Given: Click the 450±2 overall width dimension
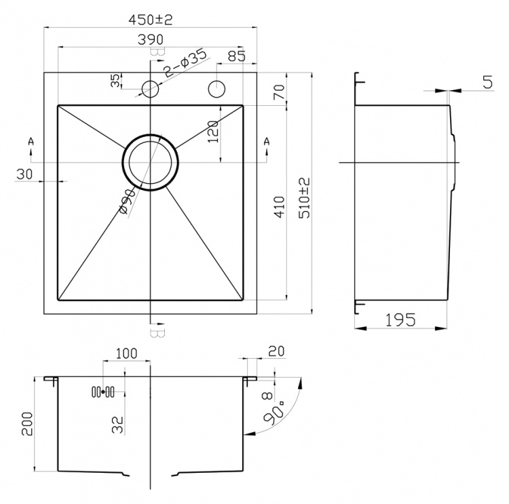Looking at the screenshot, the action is tap(150, 20).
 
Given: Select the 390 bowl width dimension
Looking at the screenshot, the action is tap(151, 39).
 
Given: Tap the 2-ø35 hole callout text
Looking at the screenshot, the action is tap(185, 62).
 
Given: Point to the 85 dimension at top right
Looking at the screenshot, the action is tap(237, 56).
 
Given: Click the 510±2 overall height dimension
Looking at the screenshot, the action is tap(305, 197).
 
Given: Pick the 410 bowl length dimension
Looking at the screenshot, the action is tap(280, 207).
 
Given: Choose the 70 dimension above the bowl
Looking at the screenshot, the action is tap(279, 92).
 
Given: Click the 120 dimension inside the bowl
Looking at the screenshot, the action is tap(213, 132).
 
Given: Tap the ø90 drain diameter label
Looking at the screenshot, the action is tap(127, 202).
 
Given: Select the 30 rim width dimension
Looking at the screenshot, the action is tap(24, 174).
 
